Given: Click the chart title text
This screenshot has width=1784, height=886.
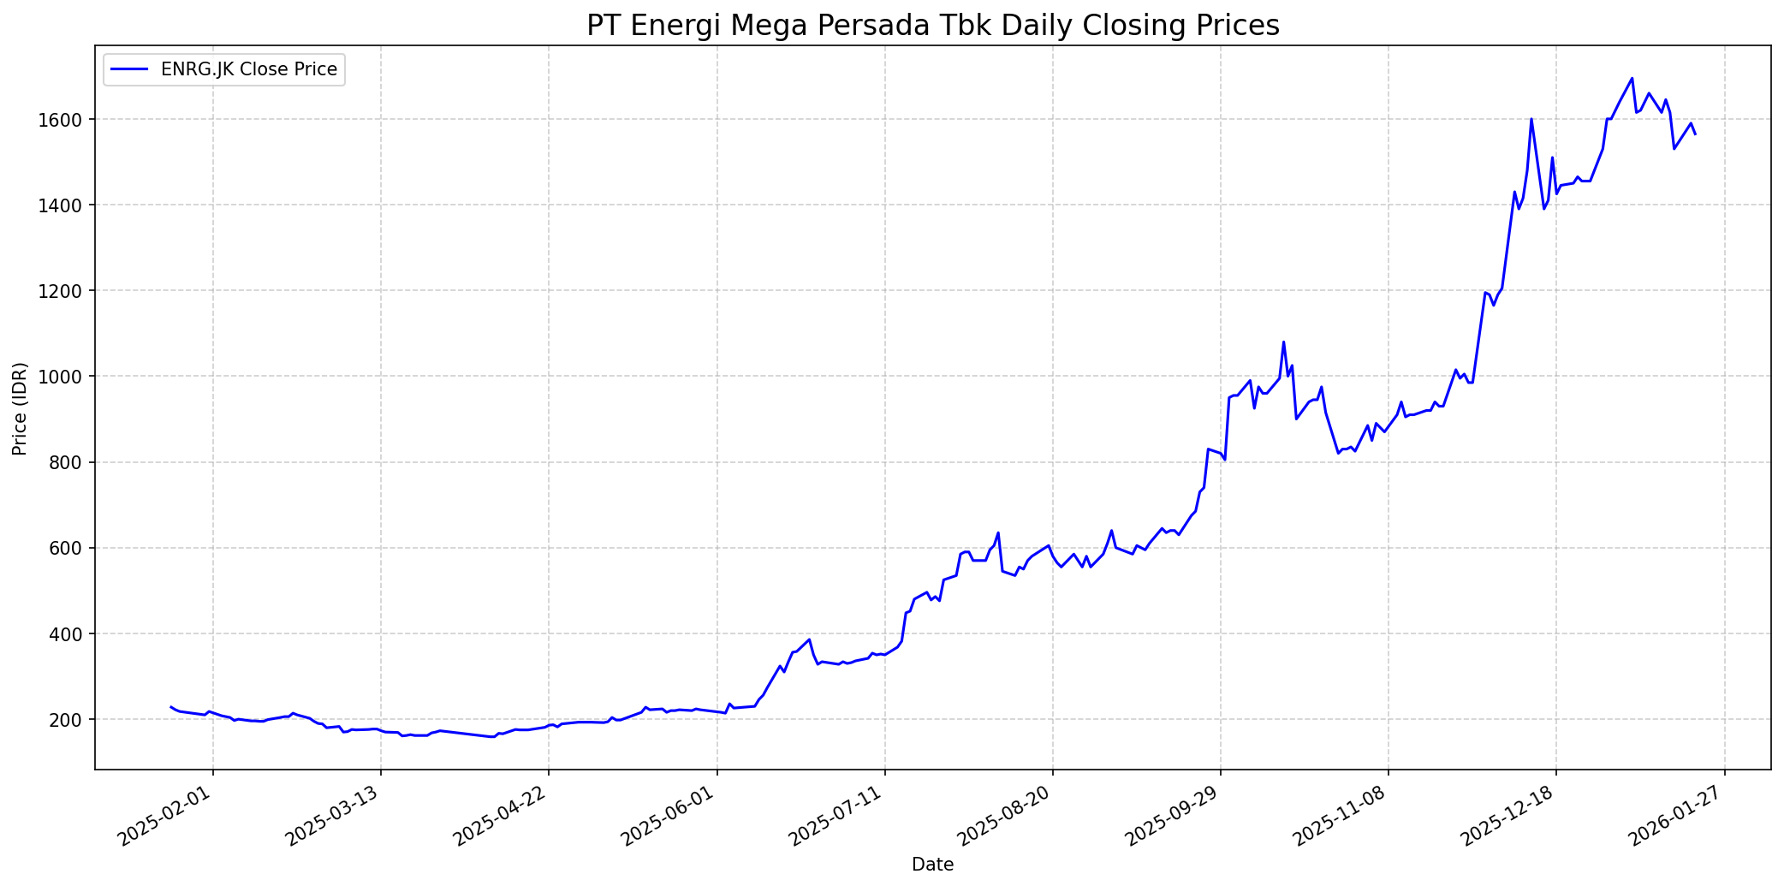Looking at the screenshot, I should click(932, 26).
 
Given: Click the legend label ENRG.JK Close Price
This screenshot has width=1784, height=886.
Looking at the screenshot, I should click(248, 69).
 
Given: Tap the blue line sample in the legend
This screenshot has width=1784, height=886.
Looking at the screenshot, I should click(129, 69).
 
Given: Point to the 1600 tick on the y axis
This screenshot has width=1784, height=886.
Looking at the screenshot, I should click(65, 120).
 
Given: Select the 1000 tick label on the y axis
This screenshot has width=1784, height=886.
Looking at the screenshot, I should click(65, 377).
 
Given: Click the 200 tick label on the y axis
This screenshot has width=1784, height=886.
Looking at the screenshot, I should click(69, 720).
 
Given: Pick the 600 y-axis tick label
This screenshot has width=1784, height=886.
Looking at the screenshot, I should click(69, 548).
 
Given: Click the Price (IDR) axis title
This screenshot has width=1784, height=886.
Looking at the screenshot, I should click(20, 408).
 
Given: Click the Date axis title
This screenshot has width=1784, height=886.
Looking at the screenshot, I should click(932, 865).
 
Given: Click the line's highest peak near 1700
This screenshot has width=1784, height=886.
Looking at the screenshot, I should click(1632, 78).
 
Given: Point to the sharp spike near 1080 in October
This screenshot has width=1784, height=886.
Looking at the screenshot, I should click(1283, 342).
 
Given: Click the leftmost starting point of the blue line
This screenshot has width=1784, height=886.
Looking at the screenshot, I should click(170, 707).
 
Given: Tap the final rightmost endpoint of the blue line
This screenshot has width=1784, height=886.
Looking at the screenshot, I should click(1695, 134).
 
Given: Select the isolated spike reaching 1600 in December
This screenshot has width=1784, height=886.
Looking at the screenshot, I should click(1531, 119).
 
